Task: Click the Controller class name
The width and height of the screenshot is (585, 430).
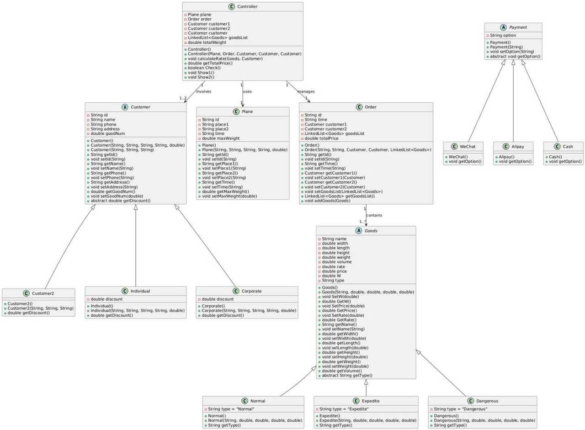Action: [247, 6]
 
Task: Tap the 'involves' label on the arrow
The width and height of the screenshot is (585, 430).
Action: [203, 91]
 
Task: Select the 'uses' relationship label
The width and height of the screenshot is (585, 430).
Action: [247, 91]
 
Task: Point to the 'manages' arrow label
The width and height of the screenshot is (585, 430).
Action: [306, 91]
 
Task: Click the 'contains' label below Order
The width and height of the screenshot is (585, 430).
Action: [374, 215]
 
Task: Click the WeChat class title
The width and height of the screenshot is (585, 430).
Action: [468, 146]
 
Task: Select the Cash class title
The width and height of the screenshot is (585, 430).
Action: [569, 146]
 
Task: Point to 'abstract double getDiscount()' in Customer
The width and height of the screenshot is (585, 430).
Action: [120, 201]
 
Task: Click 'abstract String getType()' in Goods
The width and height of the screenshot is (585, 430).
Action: [347, 375]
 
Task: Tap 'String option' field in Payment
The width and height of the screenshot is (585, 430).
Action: [503, 36]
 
